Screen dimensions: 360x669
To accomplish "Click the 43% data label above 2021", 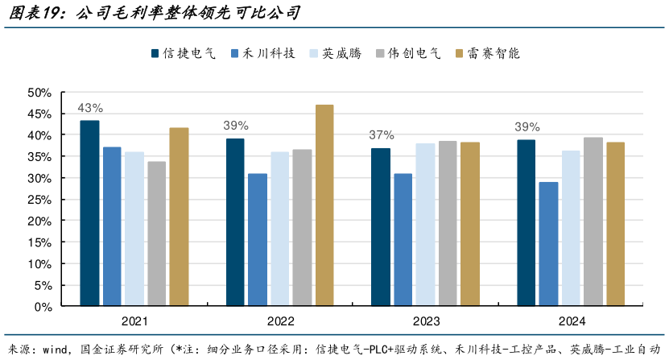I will [x=89, y=108].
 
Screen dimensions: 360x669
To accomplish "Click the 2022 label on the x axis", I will [x=280, y=321].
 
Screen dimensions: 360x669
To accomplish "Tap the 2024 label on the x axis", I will [x=572, y=321].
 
